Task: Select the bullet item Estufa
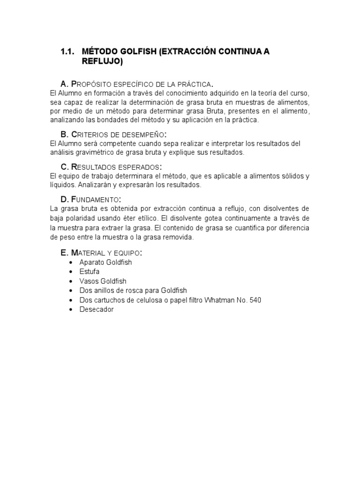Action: click(x=90, y=272)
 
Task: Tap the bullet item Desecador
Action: click(x=97, y=310)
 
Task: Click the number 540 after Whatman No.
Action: click(x=255, y=300)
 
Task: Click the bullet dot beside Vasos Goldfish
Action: click(x=70, y=281)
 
